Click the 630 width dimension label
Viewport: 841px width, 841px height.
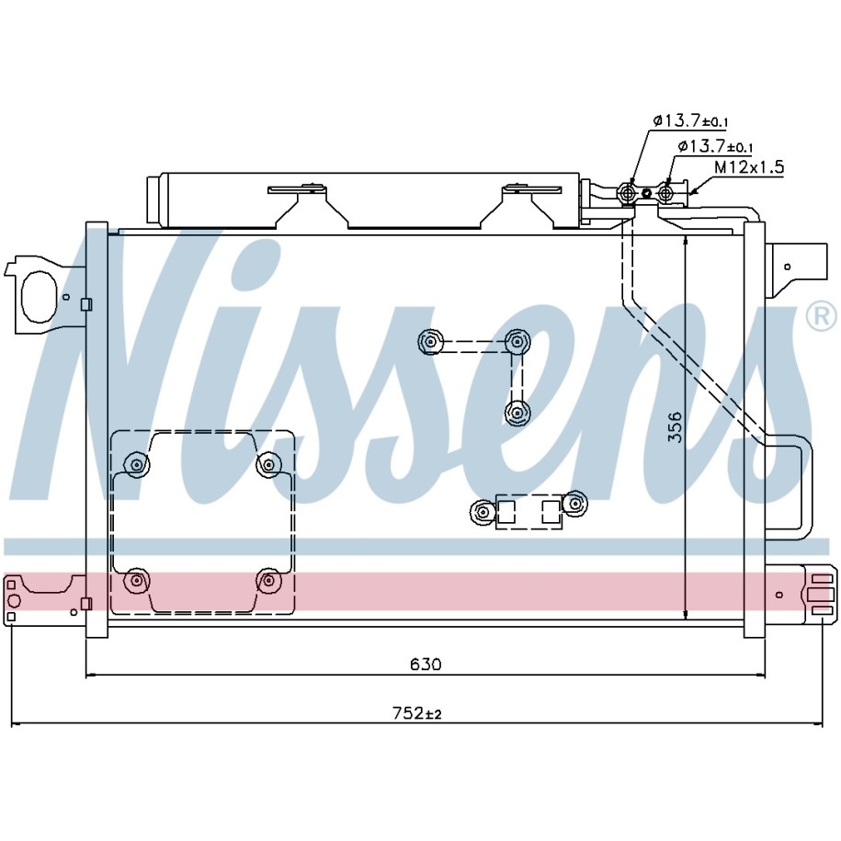[426, 665]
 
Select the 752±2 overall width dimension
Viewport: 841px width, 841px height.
[416, 714]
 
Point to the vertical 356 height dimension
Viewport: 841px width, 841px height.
[676, 427]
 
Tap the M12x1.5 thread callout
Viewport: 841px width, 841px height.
[749, 166]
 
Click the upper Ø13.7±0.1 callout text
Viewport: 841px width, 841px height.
[689, 121]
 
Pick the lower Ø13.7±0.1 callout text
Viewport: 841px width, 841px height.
[715, 146]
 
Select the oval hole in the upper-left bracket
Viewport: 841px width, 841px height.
[39, 297]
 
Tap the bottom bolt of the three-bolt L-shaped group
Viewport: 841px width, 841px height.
[517, 413]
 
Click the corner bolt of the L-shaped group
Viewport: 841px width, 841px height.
[517, 342]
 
